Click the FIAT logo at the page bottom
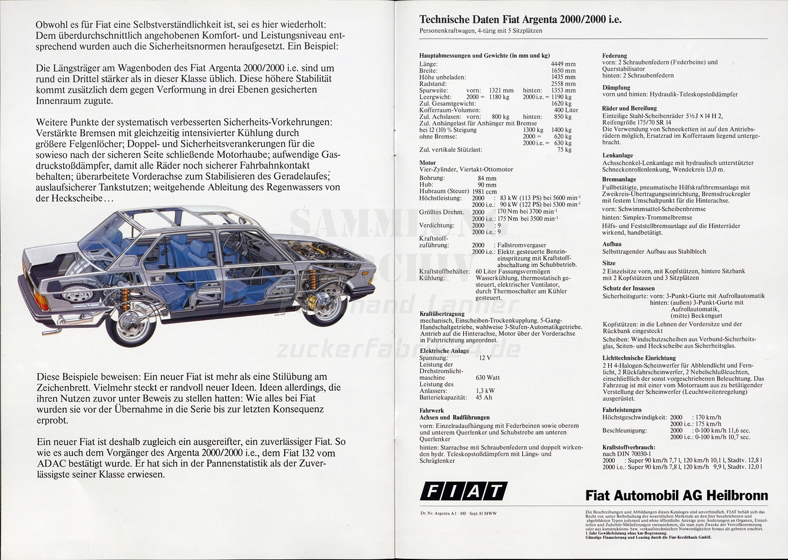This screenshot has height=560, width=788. [x=463, y=491]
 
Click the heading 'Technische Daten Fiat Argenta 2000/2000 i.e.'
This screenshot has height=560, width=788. [x=520, y=19]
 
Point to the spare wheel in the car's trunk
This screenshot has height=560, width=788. [x=77, y=293]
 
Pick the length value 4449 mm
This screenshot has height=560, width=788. [x=563, y=64]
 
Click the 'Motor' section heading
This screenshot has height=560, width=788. [x=427, y=163]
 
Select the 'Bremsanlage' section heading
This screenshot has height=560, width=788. [x=619, y=179]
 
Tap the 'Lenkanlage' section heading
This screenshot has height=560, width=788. [x=618, y=156]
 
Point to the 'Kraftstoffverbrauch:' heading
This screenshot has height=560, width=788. [x=628, y=447]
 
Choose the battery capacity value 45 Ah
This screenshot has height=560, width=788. [x=483, y=397]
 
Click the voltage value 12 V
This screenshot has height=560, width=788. [x=484, y=358]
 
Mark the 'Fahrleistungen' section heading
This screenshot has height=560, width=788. [x=622, y=410]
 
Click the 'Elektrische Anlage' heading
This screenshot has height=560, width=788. [x=444, y=351]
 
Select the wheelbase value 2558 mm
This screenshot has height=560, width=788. [x=563, y=84]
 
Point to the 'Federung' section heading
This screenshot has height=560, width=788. [x=614, y=55]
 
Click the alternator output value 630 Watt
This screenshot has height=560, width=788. [x=487, y=377]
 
